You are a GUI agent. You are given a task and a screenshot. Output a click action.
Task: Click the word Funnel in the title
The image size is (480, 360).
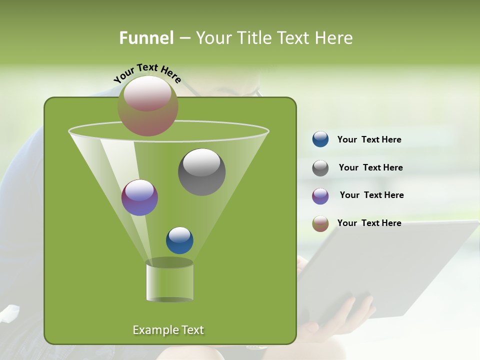tap(146, 38)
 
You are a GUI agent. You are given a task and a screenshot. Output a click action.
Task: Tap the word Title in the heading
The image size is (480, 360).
tap(254, 38)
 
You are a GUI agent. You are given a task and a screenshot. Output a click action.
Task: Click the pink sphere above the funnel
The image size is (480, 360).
tap(148, 105)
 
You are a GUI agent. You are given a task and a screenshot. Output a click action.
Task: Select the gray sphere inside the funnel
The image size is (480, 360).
tap(202, 172)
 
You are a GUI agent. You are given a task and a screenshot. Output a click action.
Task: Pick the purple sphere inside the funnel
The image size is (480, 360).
tap(140, 197)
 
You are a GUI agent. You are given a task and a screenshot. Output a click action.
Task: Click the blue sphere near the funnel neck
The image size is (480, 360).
tap(179, 240)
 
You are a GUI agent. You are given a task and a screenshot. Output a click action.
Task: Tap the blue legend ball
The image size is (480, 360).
tap(320, 139)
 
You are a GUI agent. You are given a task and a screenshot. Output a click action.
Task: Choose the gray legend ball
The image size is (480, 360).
tap(320, 168)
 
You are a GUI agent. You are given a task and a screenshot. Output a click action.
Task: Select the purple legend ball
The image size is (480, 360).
tap(320, 196)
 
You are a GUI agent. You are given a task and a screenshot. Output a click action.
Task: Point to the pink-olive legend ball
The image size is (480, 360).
tap(320, 223)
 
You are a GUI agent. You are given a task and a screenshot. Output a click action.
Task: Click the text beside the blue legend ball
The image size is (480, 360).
tap(369, 139)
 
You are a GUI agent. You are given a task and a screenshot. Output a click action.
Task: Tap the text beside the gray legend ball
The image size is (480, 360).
tap(370, 167)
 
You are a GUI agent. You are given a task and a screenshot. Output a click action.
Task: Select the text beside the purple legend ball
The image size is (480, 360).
tap(371, 195)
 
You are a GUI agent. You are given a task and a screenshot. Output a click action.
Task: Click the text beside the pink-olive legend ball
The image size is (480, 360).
tap(369, 223)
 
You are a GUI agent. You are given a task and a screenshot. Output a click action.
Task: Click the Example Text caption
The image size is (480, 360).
tap(168, 330)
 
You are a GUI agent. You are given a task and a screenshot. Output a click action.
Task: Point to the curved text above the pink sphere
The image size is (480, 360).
tap(147, 73)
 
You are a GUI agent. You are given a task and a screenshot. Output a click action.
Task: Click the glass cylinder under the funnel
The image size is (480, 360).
tap(170, 281)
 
